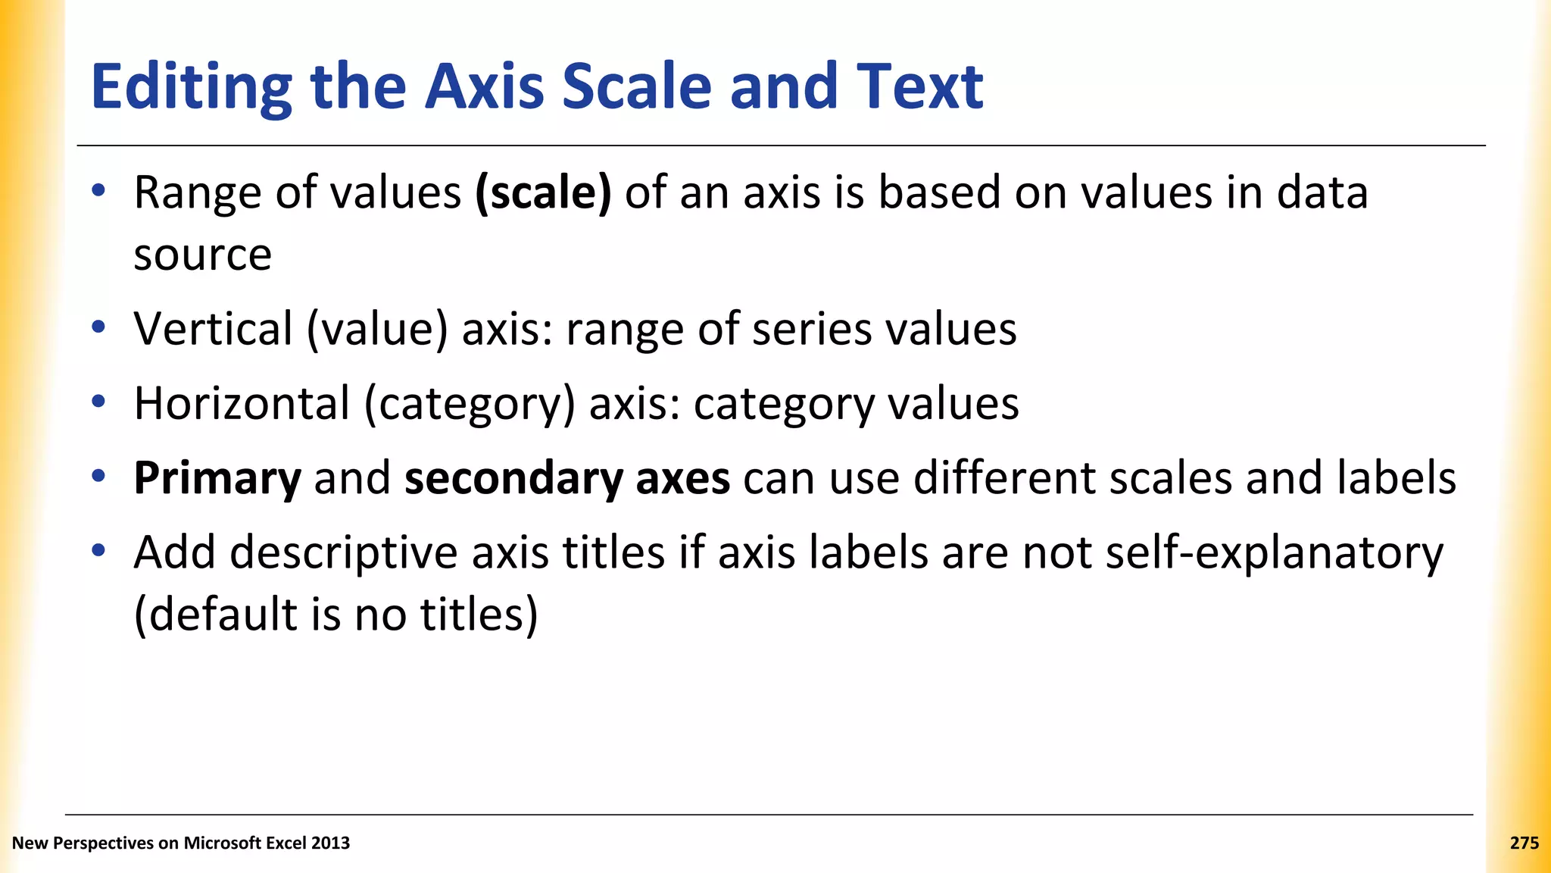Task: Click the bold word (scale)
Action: pos(543,193)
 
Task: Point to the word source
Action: pos(202,255)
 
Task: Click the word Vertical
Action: pos(214,329)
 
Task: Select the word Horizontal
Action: pos(242,403)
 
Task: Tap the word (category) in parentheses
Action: pos(470,405)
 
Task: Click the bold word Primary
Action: pos(217,479)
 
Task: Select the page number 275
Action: pos(1524,843)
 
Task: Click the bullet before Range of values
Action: pos(98,190)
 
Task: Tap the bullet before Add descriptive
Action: pos(98,550)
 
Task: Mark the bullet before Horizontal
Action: pos(98,402)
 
